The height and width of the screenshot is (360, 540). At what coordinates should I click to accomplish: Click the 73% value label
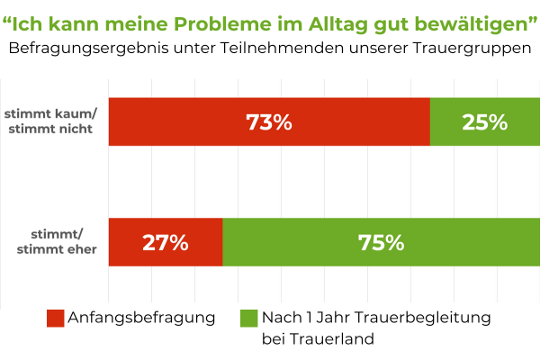point(269,122)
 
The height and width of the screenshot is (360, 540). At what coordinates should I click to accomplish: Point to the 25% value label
point(485,122)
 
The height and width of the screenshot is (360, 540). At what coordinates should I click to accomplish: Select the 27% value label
point(165,243)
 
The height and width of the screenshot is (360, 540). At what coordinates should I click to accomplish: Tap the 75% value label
point(381,243)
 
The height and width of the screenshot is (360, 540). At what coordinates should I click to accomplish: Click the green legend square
point(248,318)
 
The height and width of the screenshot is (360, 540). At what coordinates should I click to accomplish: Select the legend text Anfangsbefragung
point(141,318)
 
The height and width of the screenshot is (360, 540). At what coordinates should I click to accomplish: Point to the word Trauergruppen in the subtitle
point(473,48)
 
